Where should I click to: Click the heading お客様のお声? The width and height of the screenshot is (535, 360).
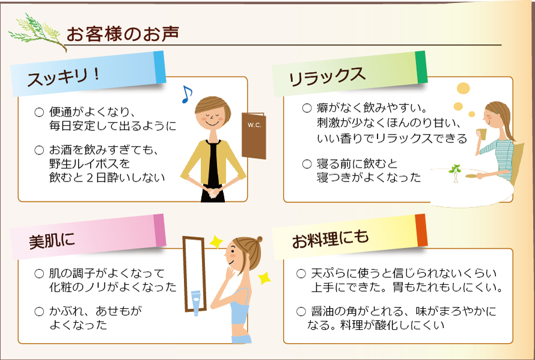[123, 34]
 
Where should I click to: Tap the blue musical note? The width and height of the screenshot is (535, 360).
[186, 94]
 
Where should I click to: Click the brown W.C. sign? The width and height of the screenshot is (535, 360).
[254, 135]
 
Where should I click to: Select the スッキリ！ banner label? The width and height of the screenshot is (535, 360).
[64, 77]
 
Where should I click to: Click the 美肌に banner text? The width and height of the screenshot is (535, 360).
[52, 240]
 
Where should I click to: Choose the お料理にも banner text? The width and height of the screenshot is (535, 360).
[330, 239]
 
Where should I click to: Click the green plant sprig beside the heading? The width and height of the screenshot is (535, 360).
[37, 32]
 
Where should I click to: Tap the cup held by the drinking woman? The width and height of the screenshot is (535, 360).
[481, 134]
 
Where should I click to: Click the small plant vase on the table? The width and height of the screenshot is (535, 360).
[455, 174]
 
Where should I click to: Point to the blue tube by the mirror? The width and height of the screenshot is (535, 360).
[195, 303]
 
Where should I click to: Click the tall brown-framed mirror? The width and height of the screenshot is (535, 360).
[195, 273]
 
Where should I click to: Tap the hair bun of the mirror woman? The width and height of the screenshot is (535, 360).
[259, 239]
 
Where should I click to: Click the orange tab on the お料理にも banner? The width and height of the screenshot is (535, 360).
[421, 230]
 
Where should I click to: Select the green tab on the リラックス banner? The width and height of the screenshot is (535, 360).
[421, 67]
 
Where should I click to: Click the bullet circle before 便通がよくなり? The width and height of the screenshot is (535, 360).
[39, 112]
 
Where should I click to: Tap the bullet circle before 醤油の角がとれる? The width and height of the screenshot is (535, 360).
[301, 311]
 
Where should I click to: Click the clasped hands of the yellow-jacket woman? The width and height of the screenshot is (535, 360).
[213, 193]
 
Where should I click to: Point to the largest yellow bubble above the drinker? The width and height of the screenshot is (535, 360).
[463, 88]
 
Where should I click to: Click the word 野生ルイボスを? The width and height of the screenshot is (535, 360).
[90, 164]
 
